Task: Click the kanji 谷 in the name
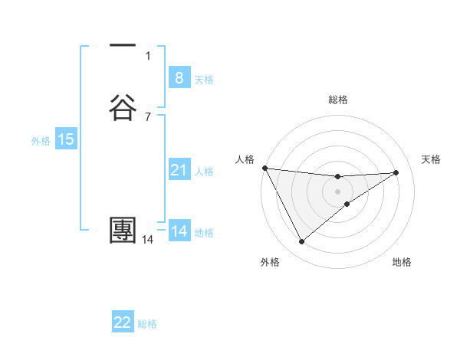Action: (x=123, y=106)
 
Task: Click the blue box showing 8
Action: (x=179, y=78)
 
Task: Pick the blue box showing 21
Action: (x=179, y=170)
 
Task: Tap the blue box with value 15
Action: (x=65, y=139)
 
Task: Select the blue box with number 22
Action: (x=123, y=322)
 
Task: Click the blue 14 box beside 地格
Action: (x=179, y=231)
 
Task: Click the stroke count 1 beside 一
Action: (x=148, y=55)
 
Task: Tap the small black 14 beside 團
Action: (x=148, y=240)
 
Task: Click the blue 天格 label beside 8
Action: (x=204, y=80)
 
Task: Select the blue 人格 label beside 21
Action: (x=205, y=172)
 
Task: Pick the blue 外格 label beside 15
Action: (x=41, y=141)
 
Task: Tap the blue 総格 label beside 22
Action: (x=147, y=324)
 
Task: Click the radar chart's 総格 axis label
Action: (x=338, y=100)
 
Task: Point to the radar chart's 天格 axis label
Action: (x=432, y=159)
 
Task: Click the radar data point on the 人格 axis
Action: (x=264, y=168)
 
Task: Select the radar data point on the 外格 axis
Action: (x=301, y=242)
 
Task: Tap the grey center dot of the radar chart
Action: (x=338, y=191)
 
